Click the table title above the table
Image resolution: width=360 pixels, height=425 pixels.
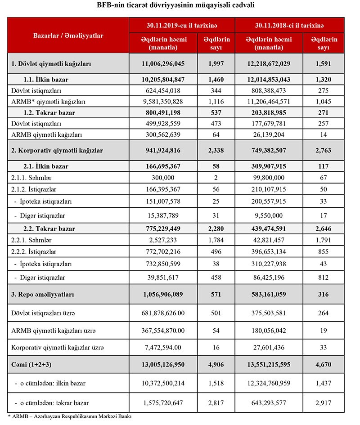coord(180,6)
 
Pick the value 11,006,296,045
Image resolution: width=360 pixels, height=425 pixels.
coord(163,64)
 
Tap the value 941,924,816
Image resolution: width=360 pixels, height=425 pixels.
coord(163,150)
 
